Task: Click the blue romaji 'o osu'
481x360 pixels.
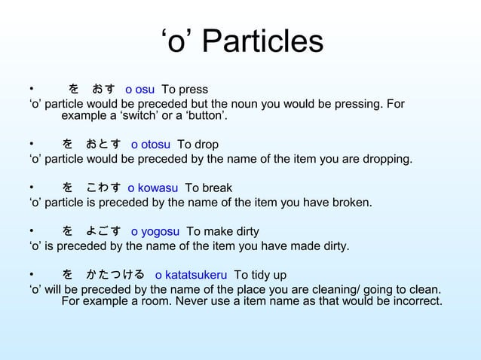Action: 139,90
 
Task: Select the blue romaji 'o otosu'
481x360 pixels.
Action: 150,145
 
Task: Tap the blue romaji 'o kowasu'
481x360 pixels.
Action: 153,188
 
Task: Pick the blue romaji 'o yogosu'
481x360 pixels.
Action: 155,232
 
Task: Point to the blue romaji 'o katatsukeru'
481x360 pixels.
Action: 191,276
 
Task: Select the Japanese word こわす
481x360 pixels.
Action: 103,188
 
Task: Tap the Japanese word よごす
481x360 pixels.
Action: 103,232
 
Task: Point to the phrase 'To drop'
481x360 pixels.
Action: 198,145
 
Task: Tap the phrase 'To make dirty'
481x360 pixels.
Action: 222,232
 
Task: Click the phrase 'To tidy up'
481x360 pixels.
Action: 260,276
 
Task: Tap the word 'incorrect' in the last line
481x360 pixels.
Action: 415,302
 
